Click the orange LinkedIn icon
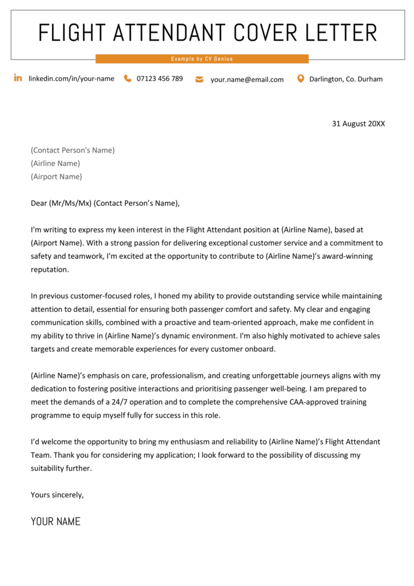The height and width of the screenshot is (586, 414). pyautogui.click(x=18, y=78)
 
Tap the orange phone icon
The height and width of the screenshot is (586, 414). pyautogui.click(x=128, y=78)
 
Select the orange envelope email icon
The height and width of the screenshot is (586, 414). pyautogui.click(x=199, y=80)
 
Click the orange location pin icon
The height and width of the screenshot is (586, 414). pyautogui.click(x=300, y=78)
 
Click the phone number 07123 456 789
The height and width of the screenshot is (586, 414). pyautogui.click(x=160, y=78)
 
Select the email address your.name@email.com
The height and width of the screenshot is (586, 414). pyautogui.click(x=247, y=80)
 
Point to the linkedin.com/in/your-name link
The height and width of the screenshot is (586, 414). pyautogui.click(x=71, y=78)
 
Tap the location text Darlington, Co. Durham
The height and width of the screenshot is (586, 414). pyautogui.click(x=346, y=79)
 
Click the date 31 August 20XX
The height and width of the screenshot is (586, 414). pyautogui.click(x=359, y=123)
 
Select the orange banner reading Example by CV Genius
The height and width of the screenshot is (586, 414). pyautogui.click(x=202, y=59)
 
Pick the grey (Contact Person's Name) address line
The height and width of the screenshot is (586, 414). pyautogui.click(x=73, y=150)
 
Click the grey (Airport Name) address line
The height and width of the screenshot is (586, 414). pyautogui.click(x=56, y=176)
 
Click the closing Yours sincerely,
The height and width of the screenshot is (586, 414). pyautogui.click(x=57, y=494)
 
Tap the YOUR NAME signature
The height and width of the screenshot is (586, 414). pyautogui.click(x=55, y=521)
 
